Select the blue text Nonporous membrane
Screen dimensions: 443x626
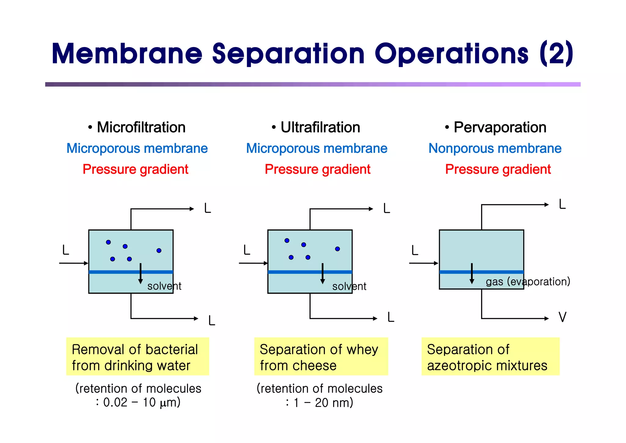tap(495, 148)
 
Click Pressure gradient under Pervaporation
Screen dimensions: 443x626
tap(498, 169)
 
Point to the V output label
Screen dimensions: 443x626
tap(562, 317)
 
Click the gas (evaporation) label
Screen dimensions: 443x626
tap(528, 281)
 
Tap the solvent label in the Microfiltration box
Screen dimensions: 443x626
tap(164, 286)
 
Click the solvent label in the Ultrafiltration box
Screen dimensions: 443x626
tap(349, 286)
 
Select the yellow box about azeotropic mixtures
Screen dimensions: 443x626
tap(490, 356)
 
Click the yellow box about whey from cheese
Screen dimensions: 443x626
tap(321, 356)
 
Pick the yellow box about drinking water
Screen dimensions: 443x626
tap(138, 356)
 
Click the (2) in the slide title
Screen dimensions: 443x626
tap(556, 54)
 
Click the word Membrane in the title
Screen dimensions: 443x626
tap(127, 54)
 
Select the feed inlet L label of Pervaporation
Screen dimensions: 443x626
tap(414, 250)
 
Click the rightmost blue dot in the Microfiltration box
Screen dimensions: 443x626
tap(159, 250)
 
